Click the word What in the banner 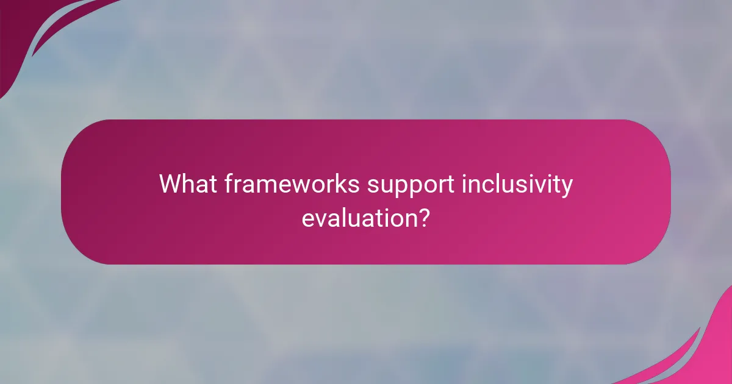(x=188, y=184)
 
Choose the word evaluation (x=356, y=218)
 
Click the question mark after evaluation (x=422, y=217)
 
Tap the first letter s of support (x=372, y=186)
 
